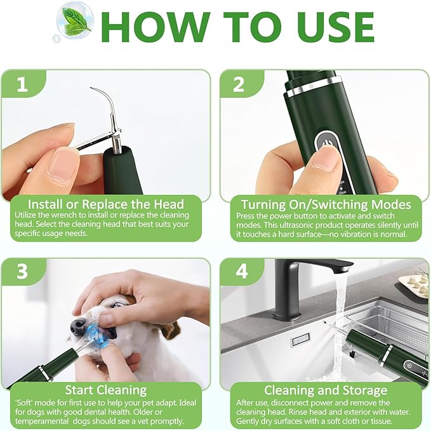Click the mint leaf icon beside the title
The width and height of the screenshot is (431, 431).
(74, 23)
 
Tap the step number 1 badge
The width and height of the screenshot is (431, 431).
(22, 85)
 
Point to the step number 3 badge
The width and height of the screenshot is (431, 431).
(22, 272)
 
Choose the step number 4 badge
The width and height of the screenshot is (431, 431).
(241, 272)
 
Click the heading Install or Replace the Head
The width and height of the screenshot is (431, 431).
(107, 204)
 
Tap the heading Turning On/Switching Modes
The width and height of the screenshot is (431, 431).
(326, 204)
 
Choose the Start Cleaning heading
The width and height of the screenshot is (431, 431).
(107, 390)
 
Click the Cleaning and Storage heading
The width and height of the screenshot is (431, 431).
(326, 390)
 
